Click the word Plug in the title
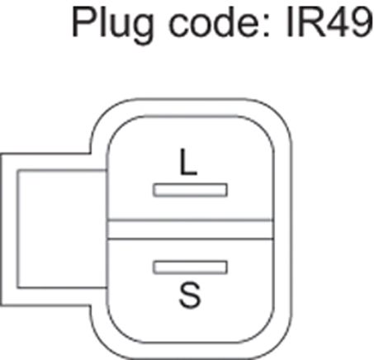[112, 25]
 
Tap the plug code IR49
[329, 21]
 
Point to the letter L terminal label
[188, 162]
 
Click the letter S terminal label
[190, 295]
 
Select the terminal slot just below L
[190, 190]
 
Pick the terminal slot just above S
[190, 268]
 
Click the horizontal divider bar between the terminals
[190, 230]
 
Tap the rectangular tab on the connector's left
[9, 230]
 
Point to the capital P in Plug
[83, 21]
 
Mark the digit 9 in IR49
[361, 22]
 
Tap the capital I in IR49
[289, 21]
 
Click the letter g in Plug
[142, 30]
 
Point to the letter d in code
[225, 21]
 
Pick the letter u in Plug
[118, 26]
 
